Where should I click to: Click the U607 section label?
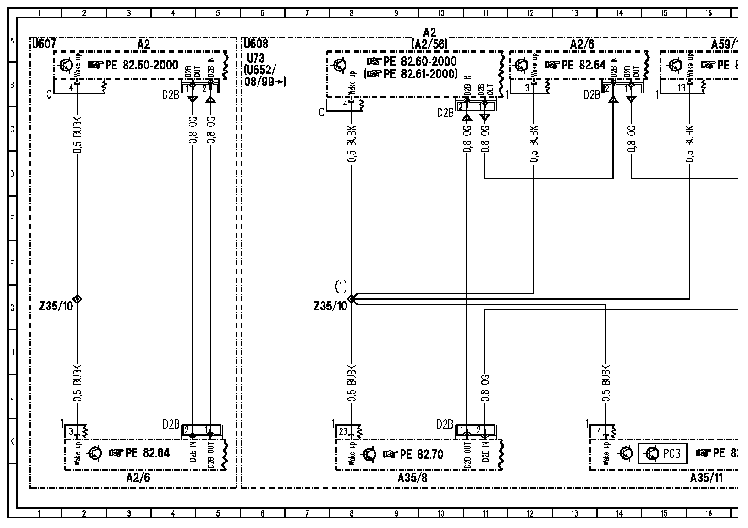tap(44, 44)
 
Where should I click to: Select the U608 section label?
tap(256, 44)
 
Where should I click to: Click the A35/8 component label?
tap(412, 478)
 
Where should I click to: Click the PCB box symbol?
tap(662, 454)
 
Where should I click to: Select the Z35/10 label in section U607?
tap(56, 306)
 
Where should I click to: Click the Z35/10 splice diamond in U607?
tap(77, 299)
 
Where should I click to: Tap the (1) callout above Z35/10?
tap(341, 287)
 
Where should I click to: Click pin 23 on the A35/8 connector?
tap(344, 431)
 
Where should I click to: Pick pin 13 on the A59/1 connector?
tap(682, 88)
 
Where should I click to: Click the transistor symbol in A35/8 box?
tap(369, 454)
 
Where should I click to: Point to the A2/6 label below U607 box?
tap(138, 478)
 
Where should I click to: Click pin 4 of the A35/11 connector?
tap(599, 431)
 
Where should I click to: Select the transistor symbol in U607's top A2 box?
tap(66, 65)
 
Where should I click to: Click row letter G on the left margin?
tap(12, 308)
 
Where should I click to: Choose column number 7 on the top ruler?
tap(307, 13)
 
